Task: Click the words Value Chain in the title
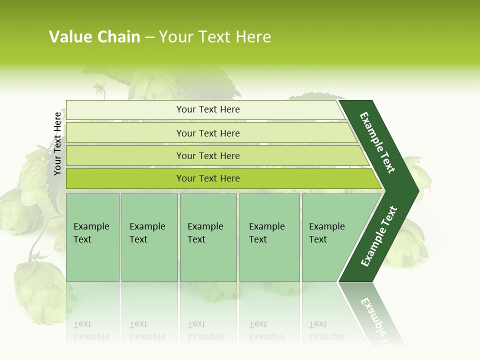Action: pyautogui.click(x=94, y=37)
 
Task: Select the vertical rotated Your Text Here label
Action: pyautogui.click(x=57, y=143)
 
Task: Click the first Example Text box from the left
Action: pyautogui.click(x=92, y=237)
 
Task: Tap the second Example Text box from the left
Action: pyautogui.click(x=149, y=237)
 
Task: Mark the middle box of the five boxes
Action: pyautogui.click(x=208, y=237)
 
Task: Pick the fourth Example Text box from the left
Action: pyautogui.click(x=269, y=237)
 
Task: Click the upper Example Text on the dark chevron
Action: pyautogui.click(x=377, y=142)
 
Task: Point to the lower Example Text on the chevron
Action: pyautogui.click(x=379, y=236)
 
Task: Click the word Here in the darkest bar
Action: pyautogui.click(x=229, y=178)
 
